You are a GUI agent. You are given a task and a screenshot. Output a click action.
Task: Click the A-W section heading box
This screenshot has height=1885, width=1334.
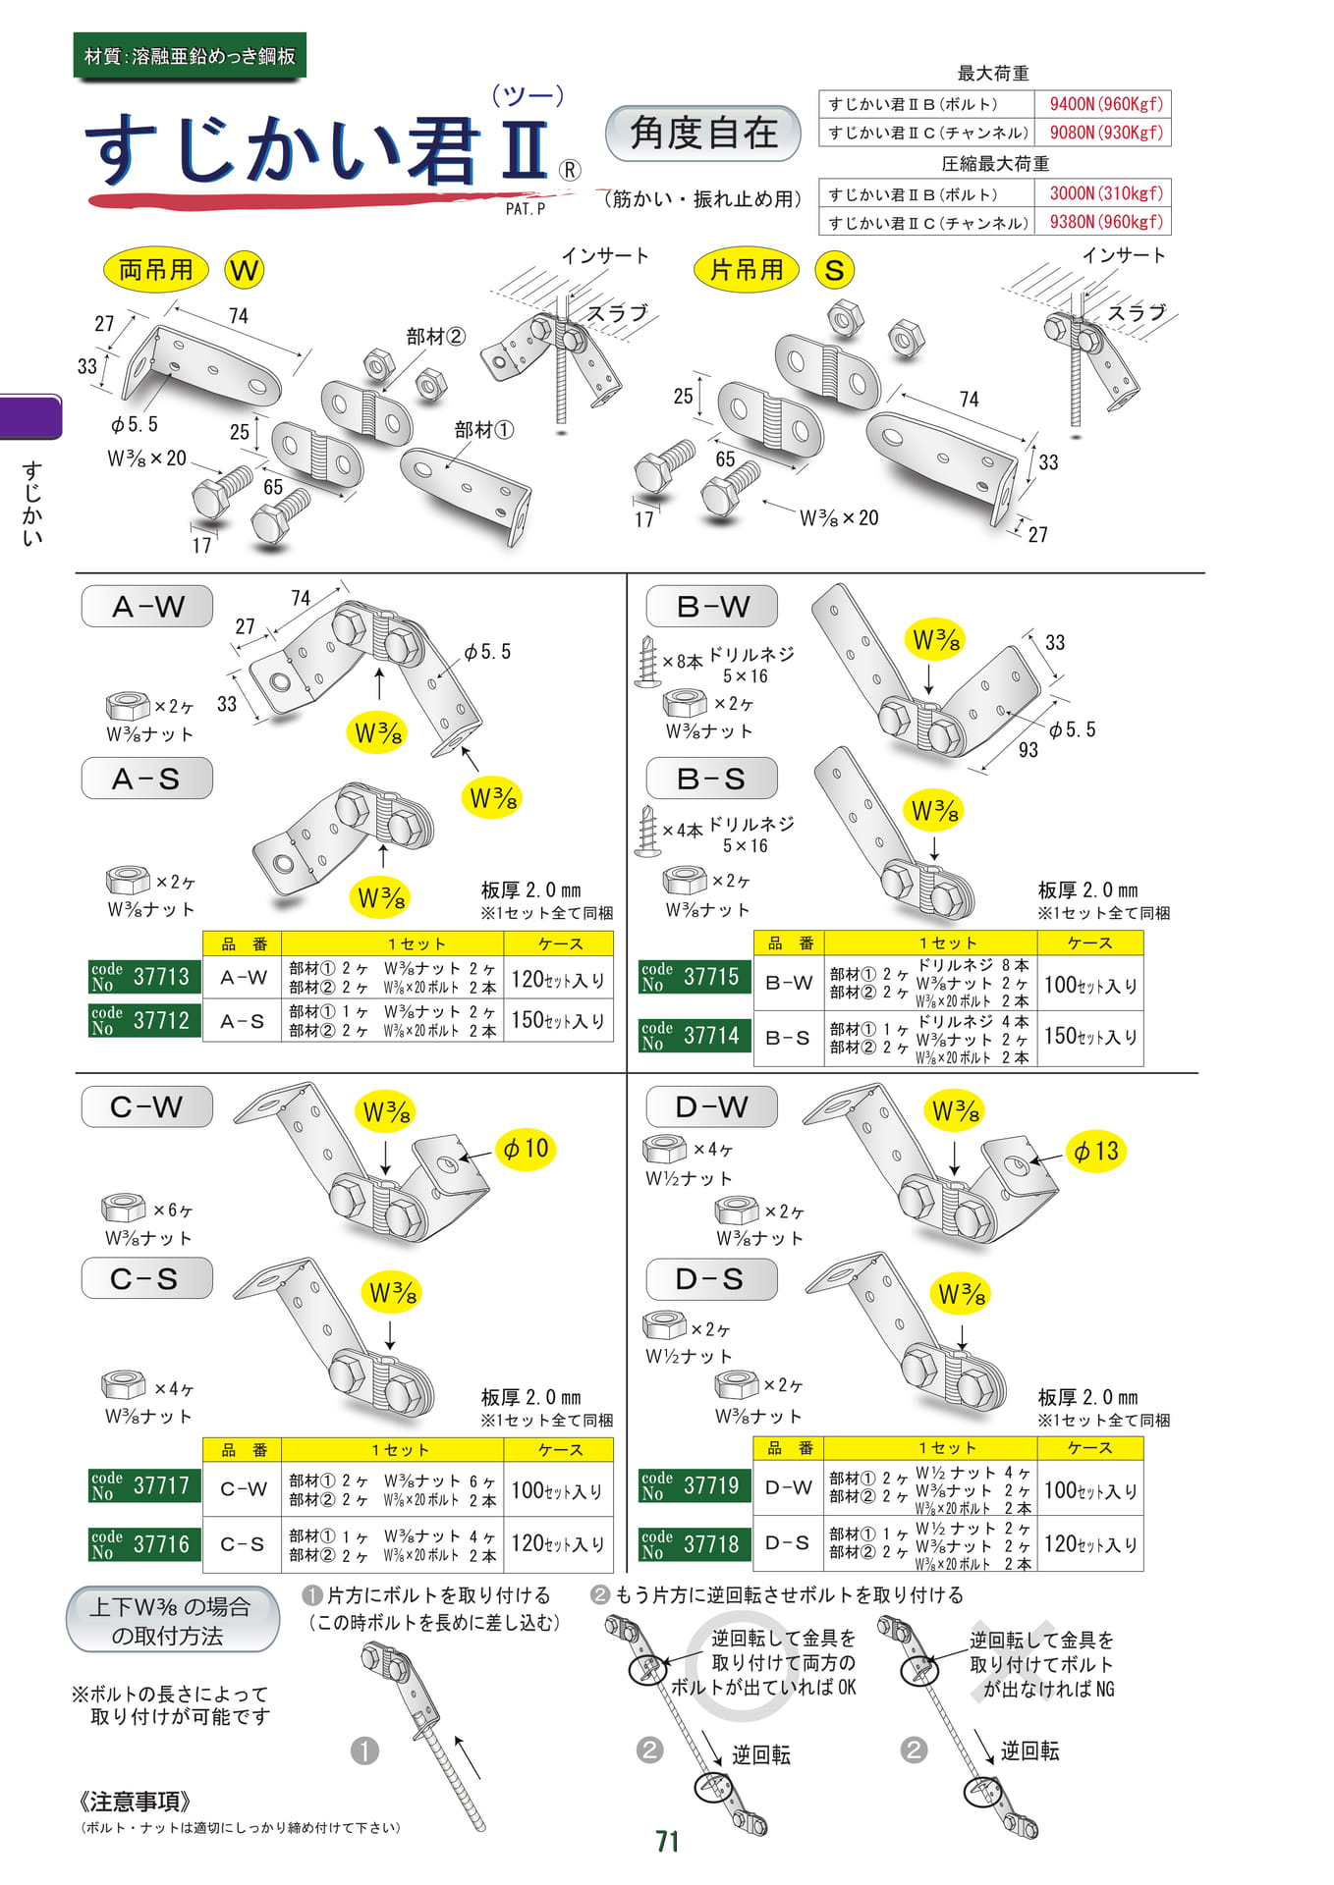point(147,607)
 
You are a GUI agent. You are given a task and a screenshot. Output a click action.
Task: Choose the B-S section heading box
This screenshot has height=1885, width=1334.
point(712,779)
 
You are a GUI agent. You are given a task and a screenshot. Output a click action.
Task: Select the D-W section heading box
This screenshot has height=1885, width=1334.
point(712,1106)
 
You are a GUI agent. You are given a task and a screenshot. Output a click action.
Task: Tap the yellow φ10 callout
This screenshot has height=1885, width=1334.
point(526,1149)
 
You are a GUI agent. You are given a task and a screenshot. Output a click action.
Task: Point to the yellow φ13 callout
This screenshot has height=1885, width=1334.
point(1095,1152)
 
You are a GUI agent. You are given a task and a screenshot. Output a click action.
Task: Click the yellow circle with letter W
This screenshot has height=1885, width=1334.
point(245,270)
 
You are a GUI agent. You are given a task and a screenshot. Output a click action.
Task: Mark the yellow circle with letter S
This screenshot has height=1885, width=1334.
point(835,270)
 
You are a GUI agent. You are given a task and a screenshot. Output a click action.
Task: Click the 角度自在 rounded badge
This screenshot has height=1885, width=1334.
point(703,134)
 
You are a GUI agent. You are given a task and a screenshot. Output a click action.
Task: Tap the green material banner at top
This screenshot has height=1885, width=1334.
point(190,56)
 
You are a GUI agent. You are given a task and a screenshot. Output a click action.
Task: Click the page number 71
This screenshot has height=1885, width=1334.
point(668,1842)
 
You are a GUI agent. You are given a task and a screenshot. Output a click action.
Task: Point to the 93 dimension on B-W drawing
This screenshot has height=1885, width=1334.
point(1028,750)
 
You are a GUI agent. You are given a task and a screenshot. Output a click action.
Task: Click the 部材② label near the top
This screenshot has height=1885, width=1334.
point(435,337)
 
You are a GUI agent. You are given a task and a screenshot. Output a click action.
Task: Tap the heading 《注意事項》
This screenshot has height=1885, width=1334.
point(134,1802)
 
